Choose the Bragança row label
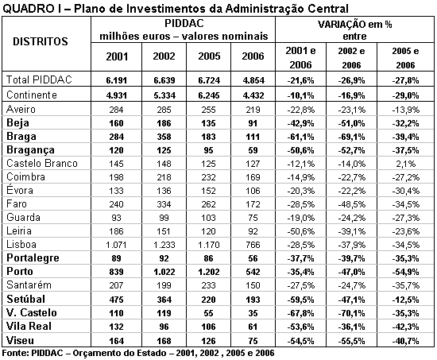tap(30, 149)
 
